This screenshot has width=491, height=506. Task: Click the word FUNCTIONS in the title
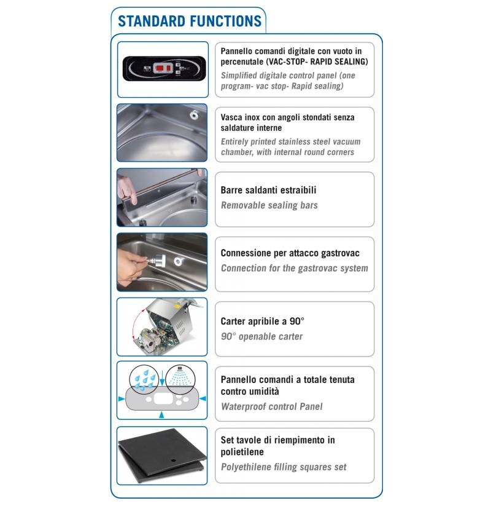point(225,22)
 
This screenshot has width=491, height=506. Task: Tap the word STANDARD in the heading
point(152,22)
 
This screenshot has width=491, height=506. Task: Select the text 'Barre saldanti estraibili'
point(268,190)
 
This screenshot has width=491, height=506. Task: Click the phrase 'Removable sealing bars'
point(269,205)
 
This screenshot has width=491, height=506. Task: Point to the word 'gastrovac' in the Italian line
point(340,254)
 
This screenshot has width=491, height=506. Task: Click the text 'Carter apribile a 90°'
point(263,321)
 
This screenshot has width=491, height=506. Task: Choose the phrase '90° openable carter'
point(261,336)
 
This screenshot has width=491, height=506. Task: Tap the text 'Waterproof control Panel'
point(272,406)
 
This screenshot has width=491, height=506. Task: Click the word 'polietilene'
point(242,452)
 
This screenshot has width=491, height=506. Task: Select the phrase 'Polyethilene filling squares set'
point(284,467)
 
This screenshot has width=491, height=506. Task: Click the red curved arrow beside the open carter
point(137,323)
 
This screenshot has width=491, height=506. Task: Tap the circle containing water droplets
point(144,379)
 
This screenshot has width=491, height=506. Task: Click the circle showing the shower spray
point(180,379)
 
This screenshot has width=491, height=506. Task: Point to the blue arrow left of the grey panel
point(122,399)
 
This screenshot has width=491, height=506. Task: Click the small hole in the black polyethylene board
point(174,459)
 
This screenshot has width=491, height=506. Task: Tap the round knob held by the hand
point(159,261)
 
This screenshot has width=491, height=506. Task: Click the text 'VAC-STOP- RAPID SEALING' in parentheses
point(317,61)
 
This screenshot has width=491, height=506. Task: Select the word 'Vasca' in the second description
point(231,117)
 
